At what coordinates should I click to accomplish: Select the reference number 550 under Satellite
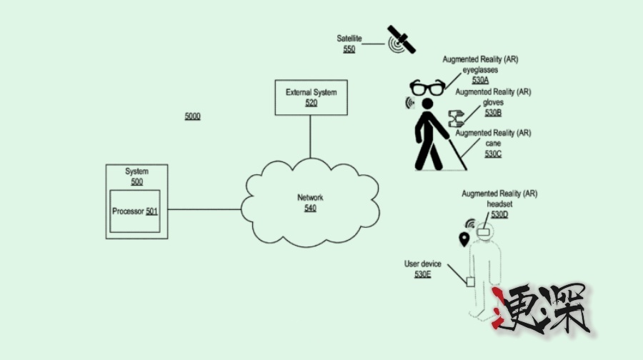(349, 49)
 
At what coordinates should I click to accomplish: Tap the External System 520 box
(311, 97)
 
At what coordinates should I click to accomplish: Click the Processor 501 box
(135, 211)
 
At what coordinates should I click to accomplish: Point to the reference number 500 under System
(136, 181)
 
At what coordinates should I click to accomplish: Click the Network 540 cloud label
(310, 203)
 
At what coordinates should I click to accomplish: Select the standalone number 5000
(193, 116)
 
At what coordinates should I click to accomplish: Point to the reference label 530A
(481, 81)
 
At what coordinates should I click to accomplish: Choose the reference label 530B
(493, 113)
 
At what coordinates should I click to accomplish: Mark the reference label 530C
(493, 154)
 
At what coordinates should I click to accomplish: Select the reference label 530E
(423, 274)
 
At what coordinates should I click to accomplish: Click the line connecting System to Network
(204, 209)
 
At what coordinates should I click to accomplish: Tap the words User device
(422, 264)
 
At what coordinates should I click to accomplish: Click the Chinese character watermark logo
(545, 309)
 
